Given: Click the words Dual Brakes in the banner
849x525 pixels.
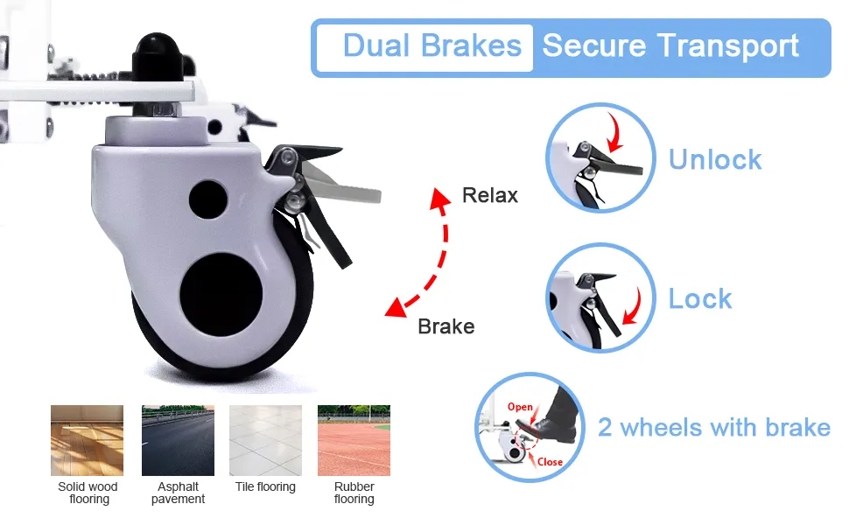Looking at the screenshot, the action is coord(432,45).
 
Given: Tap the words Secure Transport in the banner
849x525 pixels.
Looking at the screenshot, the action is coord(670,45).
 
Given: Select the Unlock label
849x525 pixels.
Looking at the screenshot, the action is coord(715,159).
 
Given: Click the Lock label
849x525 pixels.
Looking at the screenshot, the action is coord(700,298).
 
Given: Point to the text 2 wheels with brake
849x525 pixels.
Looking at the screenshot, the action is coord(713,427).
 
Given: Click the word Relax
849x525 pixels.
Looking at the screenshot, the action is coord(490,195).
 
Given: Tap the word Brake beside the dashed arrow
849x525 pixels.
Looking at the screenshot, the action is coord(446,326).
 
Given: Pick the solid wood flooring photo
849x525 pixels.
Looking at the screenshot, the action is coord(88,441).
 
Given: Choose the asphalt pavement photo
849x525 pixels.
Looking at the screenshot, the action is coord(179,441).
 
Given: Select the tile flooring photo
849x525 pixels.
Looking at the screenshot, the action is coord(265,441).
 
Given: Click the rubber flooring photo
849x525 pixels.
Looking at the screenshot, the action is coord(354,441).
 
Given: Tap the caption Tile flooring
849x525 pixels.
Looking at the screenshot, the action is coord(265,486).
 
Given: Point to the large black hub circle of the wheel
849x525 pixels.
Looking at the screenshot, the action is coord(221,294).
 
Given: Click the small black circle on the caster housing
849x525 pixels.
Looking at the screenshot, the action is coord(208,199).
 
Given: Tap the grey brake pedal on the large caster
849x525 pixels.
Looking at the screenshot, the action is coord(342,185).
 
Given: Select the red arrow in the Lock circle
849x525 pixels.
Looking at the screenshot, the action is coord(633,307).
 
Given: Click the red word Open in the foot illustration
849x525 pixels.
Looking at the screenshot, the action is coord(520,407).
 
